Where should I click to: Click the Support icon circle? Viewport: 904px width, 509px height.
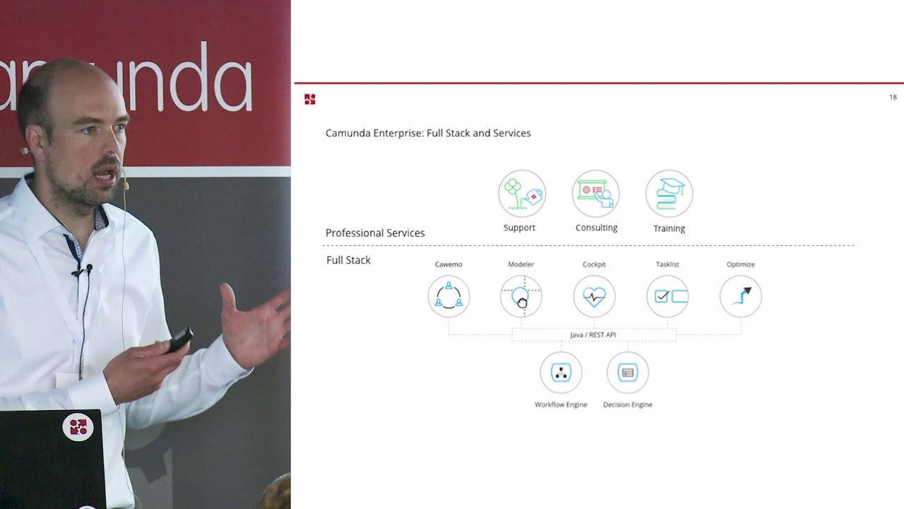coord(522,193)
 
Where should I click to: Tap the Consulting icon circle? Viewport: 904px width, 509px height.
coord(595,193)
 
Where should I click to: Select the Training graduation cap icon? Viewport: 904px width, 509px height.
coord(669,193)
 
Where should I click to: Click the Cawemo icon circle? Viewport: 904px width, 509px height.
coord(448,296)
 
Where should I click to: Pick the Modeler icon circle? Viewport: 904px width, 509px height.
coord(521,296)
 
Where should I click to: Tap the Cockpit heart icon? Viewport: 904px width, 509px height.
coord(594,296)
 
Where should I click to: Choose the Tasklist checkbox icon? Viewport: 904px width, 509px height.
coord(667,296)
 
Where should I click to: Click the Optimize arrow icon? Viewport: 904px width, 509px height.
coord(741,296)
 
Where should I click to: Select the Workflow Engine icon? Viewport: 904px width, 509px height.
coord(561,373)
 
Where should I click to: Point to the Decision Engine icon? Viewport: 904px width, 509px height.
coord(627,373)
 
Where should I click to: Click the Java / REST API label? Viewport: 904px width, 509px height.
coord(593,335)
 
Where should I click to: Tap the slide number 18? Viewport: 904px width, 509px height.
coord(893,98)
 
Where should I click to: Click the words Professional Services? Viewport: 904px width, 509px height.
coord(375,233)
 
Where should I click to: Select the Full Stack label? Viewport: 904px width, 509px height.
coord(348,260)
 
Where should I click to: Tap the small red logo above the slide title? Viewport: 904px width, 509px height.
coord(309,99)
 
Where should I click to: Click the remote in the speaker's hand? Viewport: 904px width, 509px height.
coord(179,339)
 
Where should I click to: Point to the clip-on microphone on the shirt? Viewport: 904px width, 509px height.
coord(88,269)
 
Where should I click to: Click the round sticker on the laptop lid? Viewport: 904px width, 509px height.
coord(78,427)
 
